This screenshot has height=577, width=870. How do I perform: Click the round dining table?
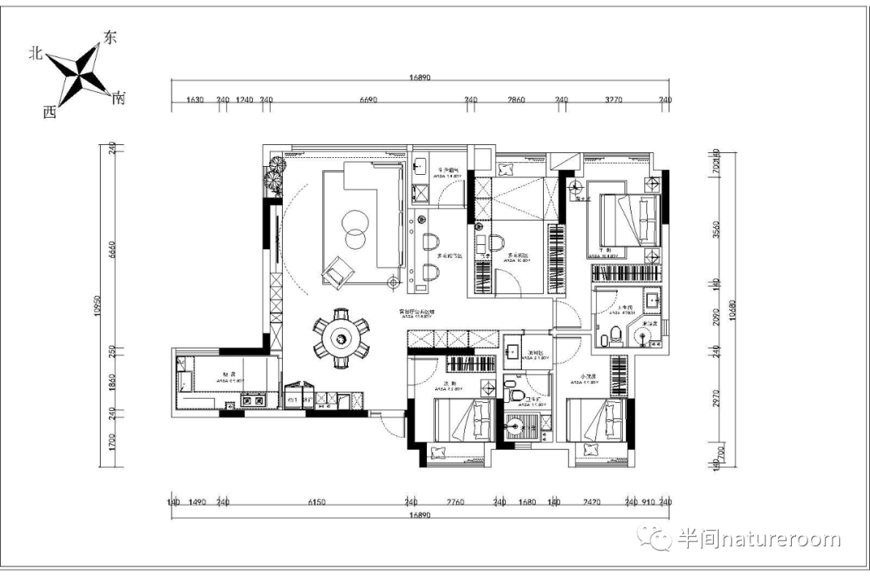point(342,338)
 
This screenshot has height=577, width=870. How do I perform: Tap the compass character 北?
point(35,53)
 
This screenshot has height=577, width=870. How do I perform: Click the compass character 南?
point(119,98)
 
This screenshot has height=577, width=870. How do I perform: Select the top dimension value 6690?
point(367,100)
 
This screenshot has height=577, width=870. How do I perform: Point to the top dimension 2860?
point(516,100)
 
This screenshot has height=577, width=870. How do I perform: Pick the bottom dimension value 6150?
point(317,502)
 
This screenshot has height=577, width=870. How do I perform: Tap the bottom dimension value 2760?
point(455,502)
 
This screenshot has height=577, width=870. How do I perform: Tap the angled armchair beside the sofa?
point(337,272)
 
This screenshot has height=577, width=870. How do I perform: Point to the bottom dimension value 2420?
point(591,502)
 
